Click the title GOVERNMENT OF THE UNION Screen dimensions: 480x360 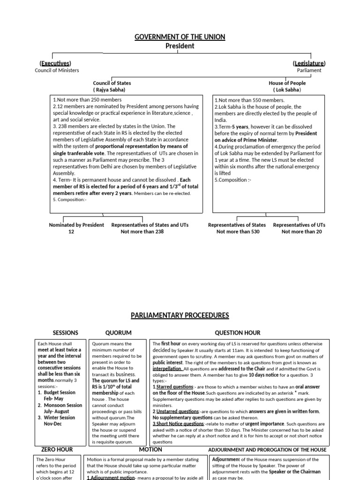point(180,37)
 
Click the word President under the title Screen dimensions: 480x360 point(180,46)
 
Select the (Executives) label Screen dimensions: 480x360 point(55,63)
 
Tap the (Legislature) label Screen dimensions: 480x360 point(309,63)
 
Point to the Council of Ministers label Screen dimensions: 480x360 point(57,70)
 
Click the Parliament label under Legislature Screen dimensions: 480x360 point(309,70)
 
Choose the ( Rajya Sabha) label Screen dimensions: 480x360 point(109,90)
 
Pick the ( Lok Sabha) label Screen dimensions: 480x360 point(287,90)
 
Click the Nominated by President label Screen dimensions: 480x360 point(76,225)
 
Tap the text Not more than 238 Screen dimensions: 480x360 point(142,232)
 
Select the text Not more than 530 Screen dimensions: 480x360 point(237,232)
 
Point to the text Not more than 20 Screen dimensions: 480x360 point(302,232)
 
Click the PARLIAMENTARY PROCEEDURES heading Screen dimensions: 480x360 point(180,315)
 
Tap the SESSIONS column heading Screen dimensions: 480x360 point(66,333)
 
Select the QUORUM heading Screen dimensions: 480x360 point(119,333)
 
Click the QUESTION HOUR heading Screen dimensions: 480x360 point(237,333)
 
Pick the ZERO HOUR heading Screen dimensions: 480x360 point(57,450)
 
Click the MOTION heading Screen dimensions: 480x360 point(150,450)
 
